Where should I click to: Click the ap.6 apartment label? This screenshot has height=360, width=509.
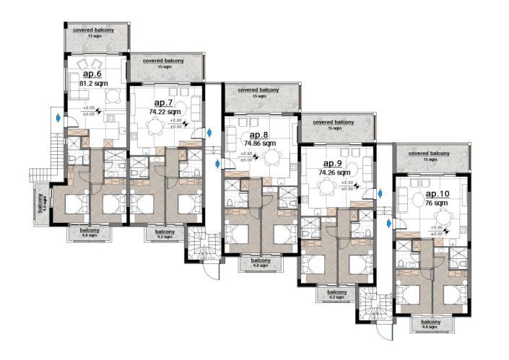coord(92,74)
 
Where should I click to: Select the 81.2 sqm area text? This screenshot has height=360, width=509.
coord(92,83)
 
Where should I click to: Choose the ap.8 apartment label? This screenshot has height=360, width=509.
coord(258,135)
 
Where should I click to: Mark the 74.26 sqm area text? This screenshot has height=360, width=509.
coord(334,173)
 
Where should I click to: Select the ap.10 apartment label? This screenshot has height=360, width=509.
coord(438,194)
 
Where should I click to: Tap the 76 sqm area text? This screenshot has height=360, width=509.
coord(436,203)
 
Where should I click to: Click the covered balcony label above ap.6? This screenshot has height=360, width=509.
coord(96,30)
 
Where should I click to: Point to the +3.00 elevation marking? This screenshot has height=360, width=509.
coord(436,227)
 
